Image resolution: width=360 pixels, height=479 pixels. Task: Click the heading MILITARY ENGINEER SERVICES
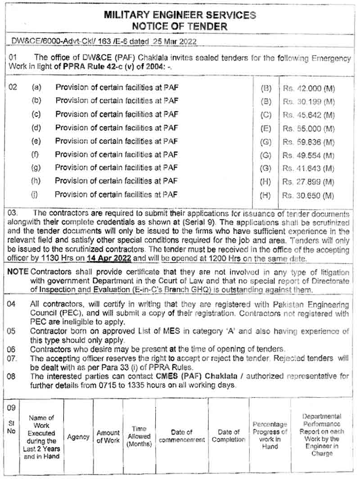click(180, 15)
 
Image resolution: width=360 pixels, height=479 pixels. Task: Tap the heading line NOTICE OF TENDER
click(180, 26)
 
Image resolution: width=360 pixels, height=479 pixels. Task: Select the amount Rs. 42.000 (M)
click(309, 89)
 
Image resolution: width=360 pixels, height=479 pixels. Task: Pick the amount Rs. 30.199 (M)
click(309, 102)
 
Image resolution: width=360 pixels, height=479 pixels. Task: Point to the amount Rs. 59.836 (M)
click(309, 143)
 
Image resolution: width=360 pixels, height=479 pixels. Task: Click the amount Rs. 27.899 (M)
click(309, 183)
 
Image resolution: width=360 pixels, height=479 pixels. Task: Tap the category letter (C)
click(266, 115)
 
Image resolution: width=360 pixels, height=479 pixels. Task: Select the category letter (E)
click(266, 129)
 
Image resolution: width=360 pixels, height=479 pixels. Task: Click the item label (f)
click(36, 155)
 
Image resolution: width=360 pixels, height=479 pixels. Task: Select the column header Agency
click(78, 437)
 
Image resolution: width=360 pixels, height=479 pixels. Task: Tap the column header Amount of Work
click(108, 437)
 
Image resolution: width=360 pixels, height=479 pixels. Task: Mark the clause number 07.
click(13, 358)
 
